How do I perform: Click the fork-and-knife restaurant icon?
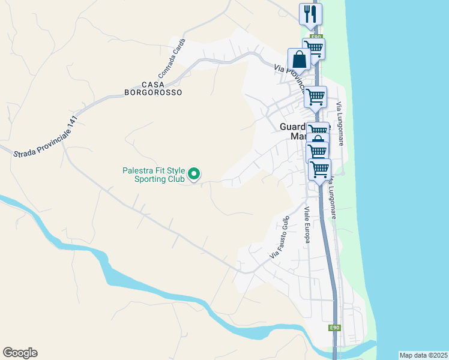(x=310, y=14)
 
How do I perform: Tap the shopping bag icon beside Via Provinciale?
(x=299, y=59)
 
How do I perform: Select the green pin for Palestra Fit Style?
(x=194, y=174)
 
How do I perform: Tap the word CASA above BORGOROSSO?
(x=152, y=85)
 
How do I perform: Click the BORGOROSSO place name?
(x=152, y=93)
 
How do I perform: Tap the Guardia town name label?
(x=293, y=127)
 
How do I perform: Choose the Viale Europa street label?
(x=307, y=226)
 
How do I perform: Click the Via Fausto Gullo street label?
(x=280, y=237)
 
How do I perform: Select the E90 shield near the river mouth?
(x=334, y=328)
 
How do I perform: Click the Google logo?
(x=20, y=353)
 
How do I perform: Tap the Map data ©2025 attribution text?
(x=423, y=355)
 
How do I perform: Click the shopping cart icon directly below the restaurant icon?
(x=313, y=48)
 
